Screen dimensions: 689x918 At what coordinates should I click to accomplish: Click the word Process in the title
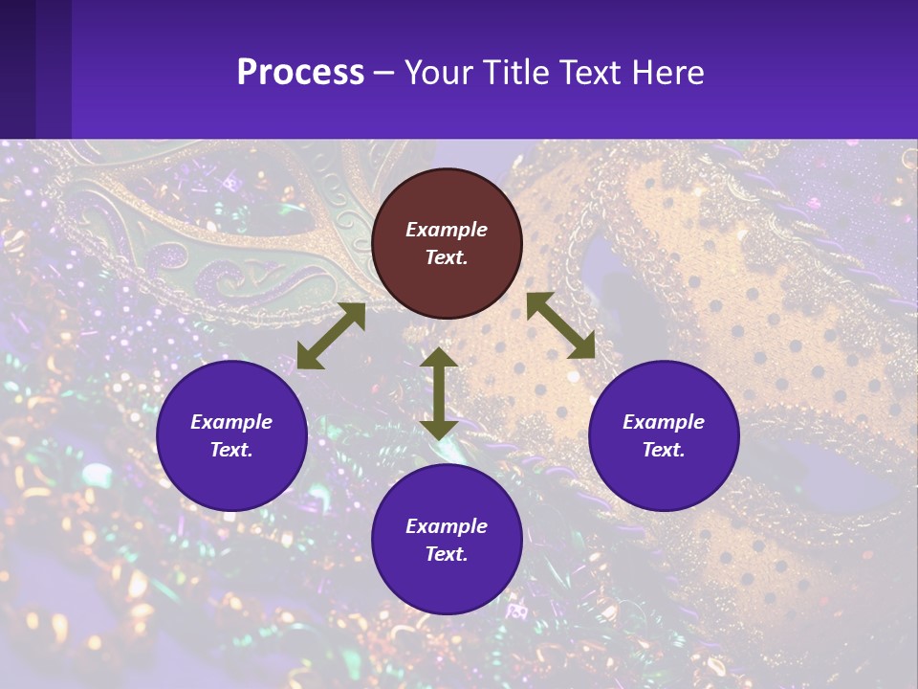pos(300,73)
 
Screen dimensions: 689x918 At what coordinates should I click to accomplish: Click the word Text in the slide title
pos(592,73)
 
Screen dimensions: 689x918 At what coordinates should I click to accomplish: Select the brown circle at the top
pos(447,244)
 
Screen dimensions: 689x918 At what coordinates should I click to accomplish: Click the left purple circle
pos(231,435)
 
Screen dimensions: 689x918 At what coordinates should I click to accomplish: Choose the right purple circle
pos(664,435)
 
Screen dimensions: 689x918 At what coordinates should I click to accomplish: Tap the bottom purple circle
pos(447,539)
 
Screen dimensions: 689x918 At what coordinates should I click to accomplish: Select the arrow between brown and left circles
pos(331,336)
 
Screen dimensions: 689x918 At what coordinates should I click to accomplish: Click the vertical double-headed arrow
pos(439,393)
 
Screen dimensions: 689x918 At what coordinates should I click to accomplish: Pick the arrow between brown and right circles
pos(560,325)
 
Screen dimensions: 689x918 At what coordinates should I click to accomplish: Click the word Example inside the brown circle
pos(447,230)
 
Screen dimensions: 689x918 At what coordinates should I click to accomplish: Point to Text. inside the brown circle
pos(447,257)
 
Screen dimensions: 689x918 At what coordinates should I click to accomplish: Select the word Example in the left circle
pos(231,422)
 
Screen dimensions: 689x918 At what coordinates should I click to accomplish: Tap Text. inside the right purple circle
pos(664,450)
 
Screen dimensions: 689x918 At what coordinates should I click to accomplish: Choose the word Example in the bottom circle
pos(447,526)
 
